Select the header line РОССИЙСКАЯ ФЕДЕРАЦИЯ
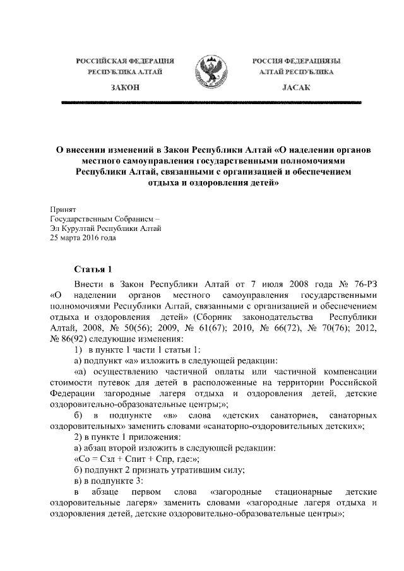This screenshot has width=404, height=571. pos(125,61)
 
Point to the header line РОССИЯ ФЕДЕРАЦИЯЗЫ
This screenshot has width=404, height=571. pos(296,61)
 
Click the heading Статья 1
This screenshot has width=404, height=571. pos(93,268)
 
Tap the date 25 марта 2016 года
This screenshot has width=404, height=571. pos(83,238)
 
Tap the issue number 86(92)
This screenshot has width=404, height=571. pos(78,340)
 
